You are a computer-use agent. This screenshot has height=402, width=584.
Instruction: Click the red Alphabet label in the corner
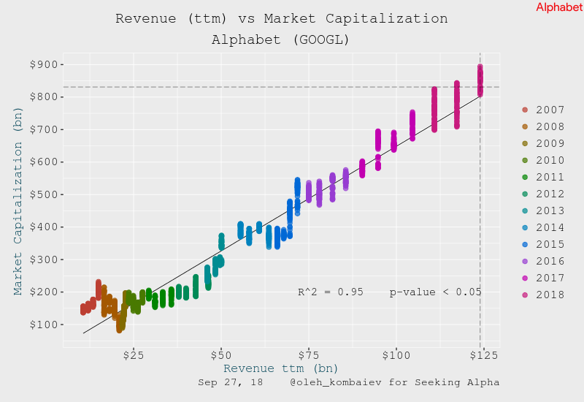(559, 7)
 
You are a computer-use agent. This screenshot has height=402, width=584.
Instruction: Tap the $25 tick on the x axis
(134, 354)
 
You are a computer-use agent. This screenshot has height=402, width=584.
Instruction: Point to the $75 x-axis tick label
(309, 354)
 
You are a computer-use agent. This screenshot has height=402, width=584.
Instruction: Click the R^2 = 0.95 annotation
(330, 292)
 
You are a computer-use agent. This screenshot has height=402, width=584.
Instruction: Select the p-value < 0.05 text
(435, 292)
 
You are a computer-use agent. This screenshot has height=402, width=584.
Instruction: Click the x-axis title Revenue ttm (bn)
(281, 368)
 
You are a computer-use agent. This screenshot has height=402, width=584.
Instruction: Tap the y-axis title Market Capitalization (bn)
(19, 201)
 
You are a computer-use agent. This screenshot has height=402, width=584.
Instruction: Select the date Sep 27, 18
(231, 382)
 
